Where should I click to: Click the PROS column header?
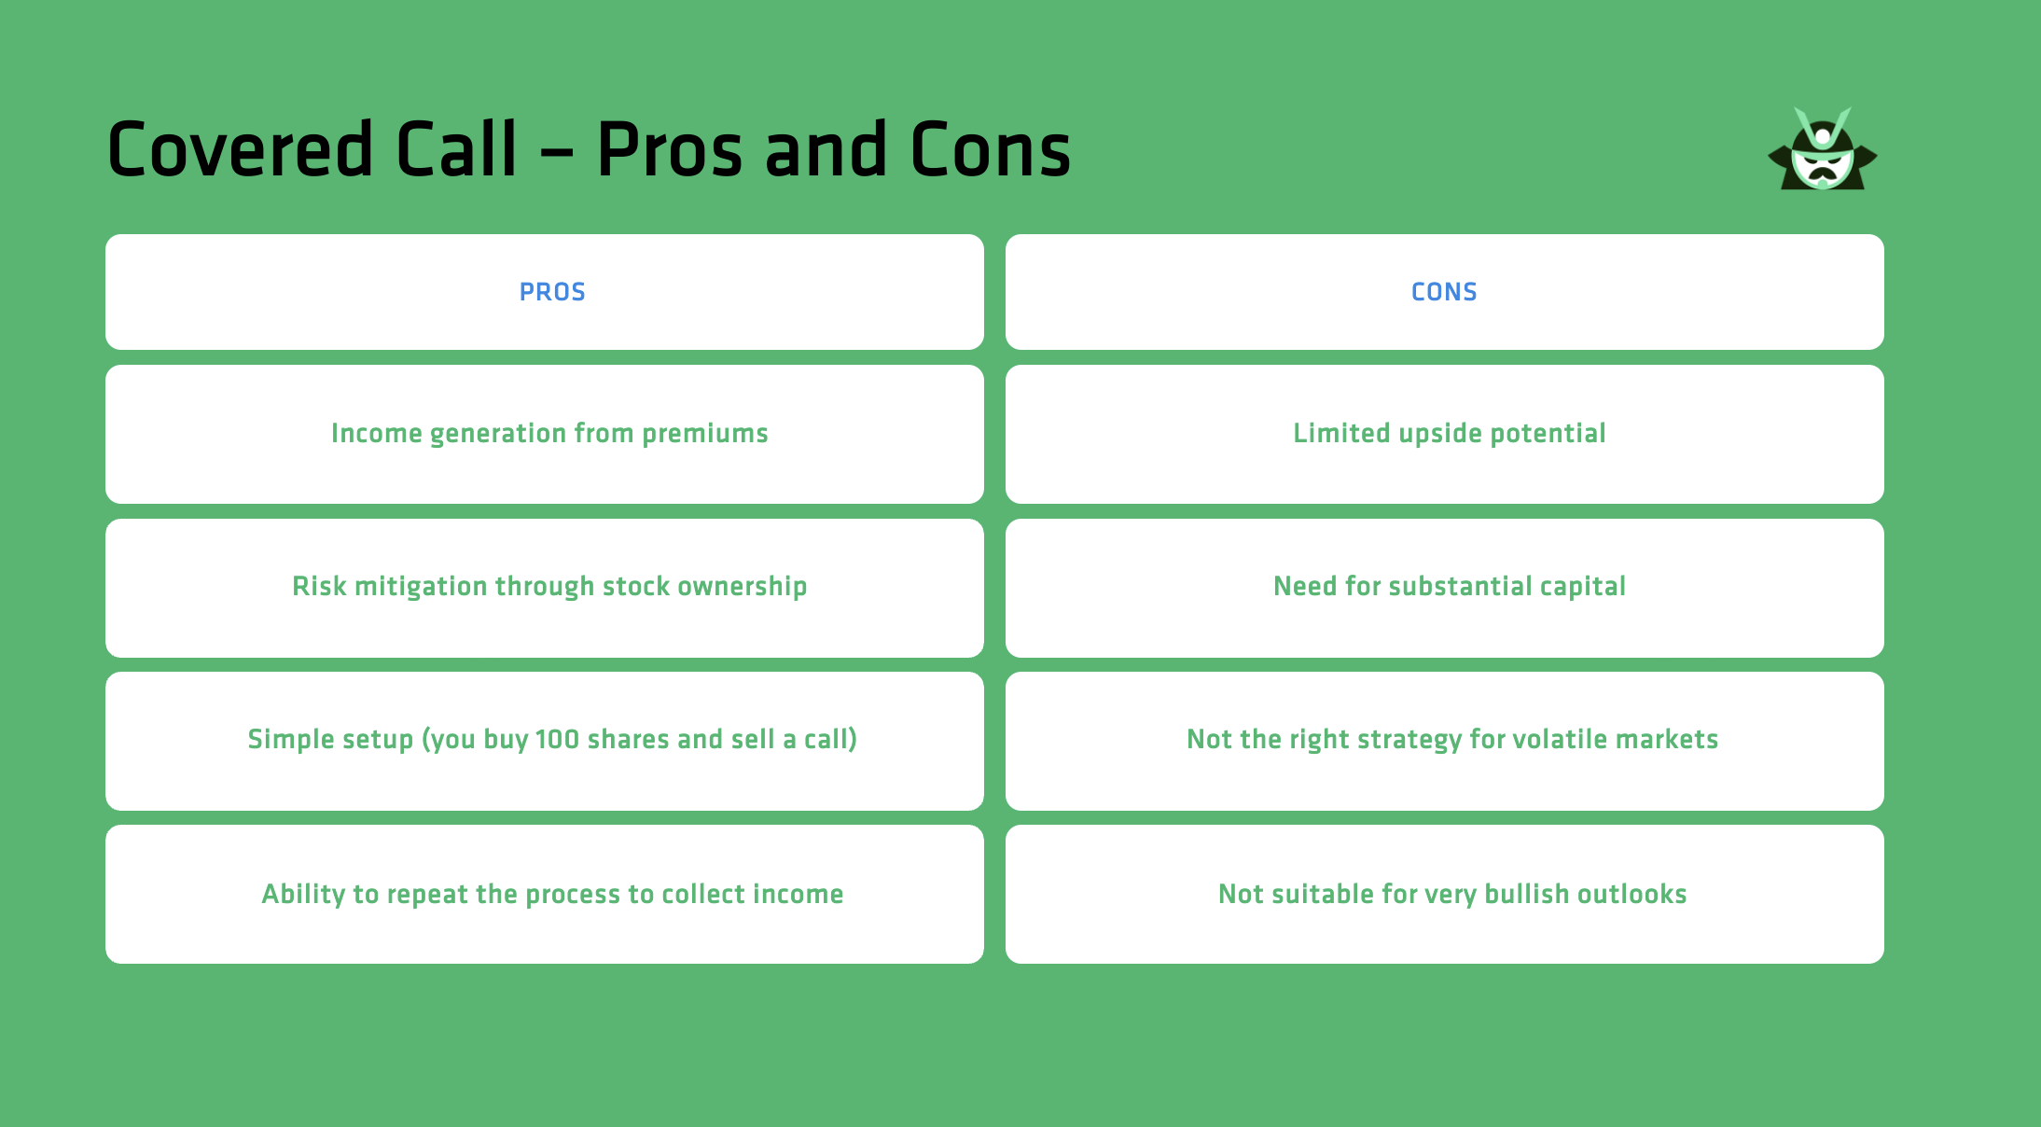pos(552,292)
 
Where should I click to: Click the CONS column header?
pos(1444,292)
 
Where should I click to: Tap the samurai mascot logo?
pos(1822,151)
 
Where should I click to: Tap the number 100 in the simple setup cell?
pos(557,740)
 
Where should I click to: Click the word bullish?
pos(1526,895)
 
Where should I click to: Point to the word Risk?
pos(319,587)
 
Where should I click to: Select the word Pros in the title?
pos(669,151)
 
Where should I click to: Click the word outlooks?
pos(1632,895)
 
